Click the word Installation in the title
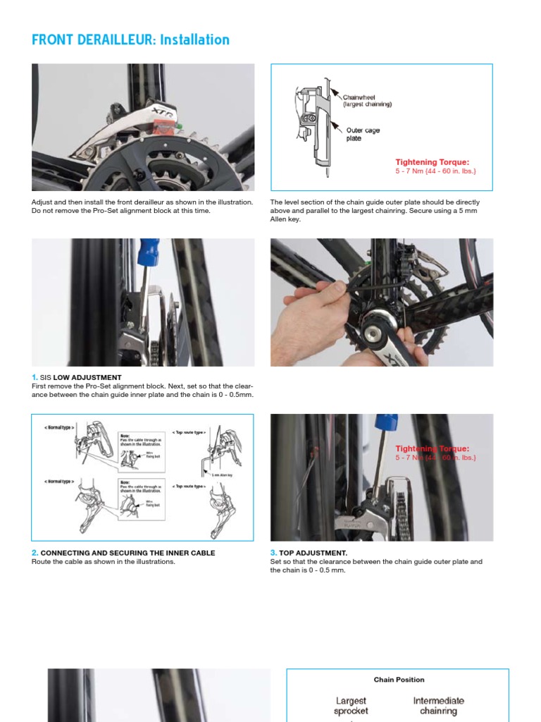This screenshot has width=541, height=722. (194, 40)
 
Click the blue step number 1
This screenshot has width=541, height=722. (35, 378)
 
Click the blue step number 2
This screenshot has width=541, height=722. (35, 553)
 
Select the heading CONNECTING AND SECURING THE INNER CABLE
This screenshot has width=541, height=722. (128, 553)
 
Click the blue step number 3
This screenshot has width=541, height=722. (273, 553)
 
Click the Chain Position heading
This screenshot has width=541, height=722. (399, 680)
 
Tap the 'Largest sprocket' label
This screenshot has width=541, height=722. (351, 706)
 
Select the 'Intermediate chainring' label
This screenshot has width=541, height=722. (438, 706)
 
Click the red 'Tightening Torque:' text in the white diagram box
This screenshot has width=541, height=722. (432, 162)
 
